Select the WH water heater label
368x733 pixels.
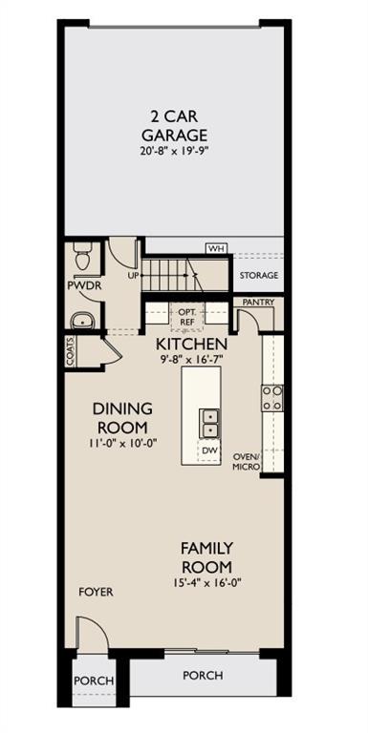pyautogui.click(x=216, y=248)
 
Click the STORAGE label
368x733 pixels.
pyautogui.click(x=258, y=276)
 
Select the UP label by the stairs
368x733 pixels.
pyautogui.click(x=135, y=276)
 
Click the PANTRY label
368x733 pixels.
pyautogui.click(x=258, y=303)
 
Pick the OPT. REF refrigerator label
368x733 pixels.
pyautogui.click(x=186, y=317)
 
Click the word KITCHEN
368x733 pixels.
pyautogui.click(x=191, y=344)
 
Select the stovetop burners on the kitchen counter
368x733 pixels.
pyautogui.click(x=272, y=397)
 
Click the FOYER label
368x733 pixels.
pyautogui.click(x=96, y=592)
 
